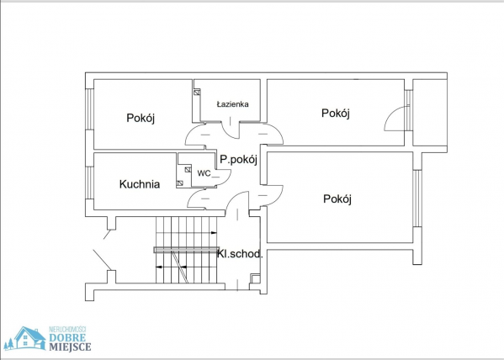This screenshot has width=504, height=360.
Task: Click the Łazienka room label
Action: click(232, 104)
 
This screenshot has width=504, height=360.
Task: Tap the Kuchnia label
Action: click(140, 184)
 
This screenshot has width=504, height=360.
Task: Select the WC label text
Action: click(204, 173)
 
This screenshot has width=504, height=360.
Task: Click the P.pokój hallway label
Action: click(238, 160)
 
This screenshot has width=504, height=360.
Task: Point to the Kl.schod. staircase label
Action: click(240, 254)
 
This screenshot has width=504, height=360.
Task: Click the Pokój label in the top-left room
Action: click(141, 118)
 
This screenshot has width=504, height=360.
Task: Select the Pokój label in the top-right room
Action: click(336, 114)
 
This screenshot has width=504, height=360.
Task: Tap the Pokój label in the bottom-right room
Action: click(337, 199)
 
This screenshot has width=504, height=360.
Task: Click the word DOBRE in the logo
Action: click(67, 338)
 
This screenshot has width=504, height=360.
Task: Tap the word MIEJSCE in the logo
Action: click(70, 347)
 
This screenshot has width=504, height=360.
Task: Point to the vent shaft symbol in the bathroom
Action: click(197, 93)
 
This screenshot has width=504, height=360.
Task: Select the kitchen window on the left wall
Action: click(90, 183)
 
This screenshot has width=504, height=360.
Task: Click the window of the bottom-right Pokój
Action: click(416, 199)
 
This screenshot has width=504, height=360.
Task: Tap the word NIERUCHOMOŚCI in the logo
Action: click(68, 330)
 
